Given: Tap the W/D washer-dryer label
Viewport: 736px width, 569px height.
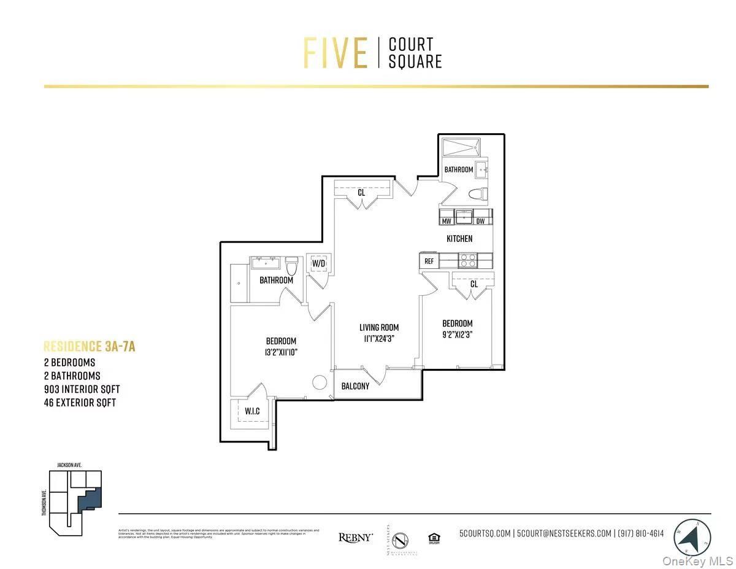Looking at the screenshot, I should [x=318, y=264].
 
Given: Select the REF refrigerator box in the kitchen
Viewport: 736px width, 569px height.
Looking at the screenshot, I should [x=429, y=261].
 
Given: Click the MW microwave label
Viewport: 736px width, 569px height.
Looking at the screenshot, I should [x=447, y=221].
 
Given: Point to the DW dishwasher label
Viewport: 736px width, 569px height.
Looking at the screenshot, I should [x=480, y=221].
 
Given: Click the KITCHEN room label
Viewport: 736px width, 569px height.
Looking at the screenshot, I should [x=459, y=239].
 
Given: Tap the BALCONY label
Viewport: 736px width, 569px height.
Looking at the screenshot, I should [x=356, y=386].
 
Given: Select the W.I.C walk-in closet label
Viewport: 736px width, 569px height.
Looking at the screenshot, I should [x=252, y=411].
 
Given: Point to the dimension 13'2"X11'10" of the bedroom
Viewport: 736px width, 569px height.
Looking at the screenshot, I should [x=281, y=352].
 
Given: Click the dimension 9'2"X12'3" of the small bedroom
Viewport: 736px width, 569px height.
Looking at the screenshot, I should [x=458, y=335].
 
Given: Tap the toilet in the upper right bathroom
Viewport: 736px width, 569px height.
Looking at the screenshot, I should [x=477, y=195].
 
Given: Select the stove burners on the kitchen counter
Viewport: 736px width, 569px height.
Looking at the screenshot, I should [x=468, y=260].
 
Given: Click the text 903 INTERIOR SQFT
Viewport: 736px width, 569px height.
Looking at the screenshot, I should [x=82, y=389].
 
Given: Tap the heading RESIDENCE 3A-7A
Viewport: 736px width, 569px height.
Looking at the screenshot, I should [x=90, y=347].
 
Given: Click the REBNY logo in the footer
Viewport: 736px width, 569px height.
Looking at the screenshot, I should [x=356, y=537].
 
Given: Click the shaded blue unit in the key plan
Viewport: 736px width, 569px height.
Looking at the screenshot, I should [x=89, y=498].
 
